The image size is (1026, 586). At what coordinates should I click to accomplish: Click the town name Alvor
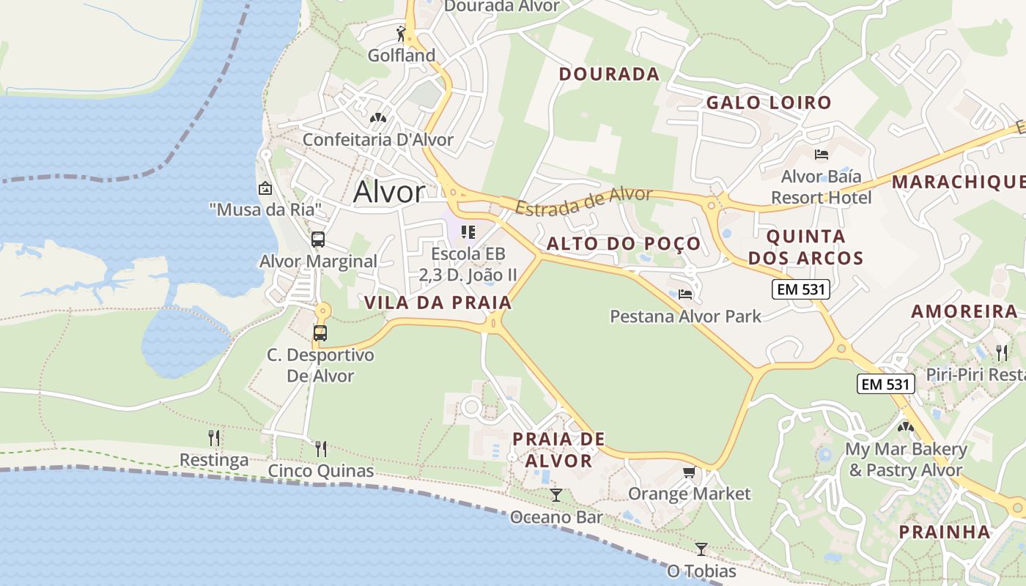(x=388, y=192)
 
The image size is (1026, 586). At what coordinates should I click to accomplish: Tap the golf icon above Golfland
(x=401, y=34)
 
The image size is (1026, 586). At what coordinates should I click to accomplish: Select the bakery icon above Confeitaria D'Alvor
(x=377, y=117)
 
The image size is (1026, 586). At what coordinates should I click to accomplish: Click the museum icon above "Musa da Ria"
(x=265, y=188)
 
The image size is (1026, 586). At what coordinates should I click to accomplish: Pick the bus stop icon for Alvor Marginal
(x=318, y=240)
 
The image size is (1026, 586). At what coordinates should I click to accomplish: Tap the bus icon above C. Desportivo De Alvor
(x=320, y=333)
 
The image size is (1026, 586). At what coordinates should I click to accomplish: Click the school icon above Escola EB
(x=468, y=232)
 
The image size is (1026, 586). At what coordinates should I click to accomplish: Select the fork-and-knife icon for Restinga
(x=214, y=438)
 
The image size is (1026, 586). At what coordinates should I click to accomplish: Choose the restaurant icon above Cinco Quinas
(x=321, y=448)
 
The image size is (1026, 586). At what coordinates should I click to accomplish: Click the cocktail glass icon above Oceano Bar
(x=556, y=495)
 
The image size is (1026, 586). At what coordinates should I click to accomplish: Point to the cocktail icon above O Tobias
(x=701, y=549)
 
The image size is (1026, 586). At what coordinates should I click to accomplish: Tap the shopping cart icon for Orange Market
(x=689, y=472)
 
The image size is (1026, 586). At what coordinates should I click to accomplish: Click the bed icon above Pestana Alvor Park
(x=685, y=294)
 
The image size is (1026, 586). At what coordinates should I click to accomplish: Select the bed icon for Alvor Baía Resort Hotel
(x=822, y=155)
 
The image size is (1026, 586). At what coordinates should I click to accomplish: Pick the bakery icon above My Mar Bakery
(x=906, y=426)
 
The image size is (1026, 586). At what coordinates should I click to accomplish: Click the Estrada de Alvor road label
(x=583, y=200)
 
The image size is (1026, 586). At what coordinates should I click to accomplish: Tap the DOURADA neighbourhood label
(x=609, y=74)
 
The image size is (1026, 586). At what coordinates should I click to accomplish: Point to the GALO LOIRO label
(x=769, y=103)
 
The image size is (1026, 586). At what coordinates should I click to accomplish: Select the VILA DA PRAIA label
(x=438, y=303)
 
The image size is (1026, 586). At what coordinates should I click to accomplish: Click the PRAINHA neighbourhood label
(x=945, y=532)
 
